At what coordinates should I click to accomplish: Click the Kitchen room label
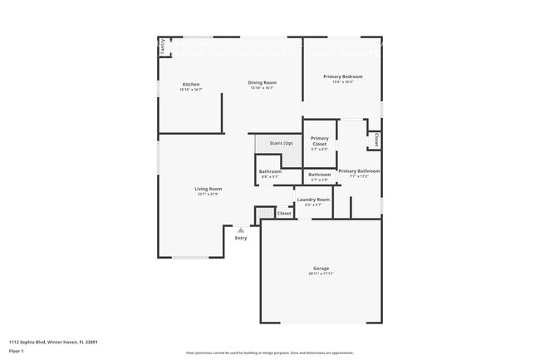191,85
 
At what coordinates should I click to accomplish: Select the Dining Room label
262,82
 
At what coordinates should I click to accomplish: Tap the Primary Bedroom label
342,76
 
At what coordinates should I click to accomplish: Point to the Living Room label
208,189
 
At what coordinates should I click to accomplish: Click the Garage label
321,268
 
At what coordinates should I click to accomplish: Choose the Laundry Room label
313,200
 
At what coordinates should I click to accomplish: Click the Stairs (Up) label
281,143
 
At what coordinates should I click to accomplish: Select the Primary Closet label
319,141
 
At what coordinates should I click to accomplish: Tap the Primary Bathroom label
359,170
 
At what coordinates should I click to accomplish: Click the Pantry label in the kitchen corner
163,47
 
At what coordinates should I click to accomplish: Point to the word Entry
241,239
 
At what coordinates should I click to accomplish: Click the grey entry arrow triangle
241,230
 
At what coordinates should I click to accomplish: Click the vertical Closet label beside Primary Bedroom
376,140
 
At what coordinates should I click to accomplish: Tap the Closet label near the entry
284,213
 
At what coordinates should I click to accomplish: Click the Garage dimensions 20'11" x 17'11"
321,274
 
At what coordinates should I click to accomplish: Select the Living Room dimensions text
208,195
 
